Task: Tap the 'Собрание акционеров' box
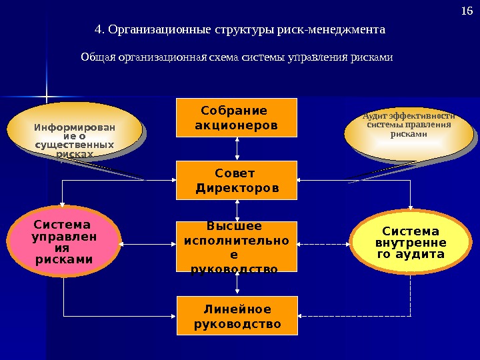tap(237, 118)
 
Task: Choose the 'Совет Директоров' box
tap(237, 180)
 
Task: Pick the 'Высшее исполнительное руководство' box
tap(237, 247)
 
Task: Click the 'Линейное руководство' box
tap(237, 316)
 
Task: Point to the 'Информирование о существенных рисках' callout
tap(75, 133)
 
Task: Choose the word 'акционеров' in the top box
tap(237, 125)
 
